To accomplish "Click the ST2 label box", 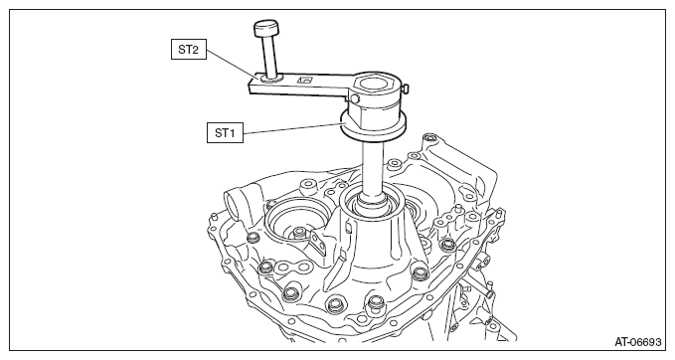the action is tap(189, 50).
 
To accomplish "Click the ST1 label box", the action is tap(225, 132).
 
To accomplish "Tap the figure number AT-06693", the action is tap(637, 342).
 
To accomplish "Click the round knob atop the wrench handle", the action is tap(265, 28).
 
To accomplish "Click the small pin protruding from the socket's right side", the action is tap(405, 88).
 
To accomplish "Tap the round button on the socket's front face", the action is tap(355, 99).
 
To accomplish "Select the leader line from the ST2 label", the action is tap(233, 65).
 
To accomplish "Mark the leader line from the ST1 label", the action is tap(292, 128).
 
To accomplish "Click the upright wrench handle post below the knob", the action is tap(271, 56).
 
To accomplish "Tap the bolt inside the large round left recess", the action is tap(298, 234).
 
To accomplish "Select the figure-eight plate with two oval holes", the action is tap(291, 268).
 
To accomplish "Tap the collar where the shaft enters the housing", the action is tap(376, 199).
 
